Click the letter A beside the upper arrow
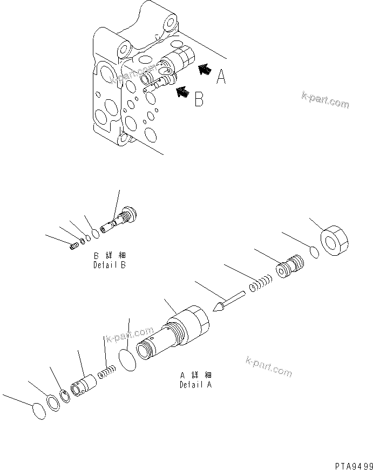pos(221,79)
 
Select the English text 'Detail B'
pos(110,265)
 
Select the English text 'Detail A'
pos(195,385)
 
